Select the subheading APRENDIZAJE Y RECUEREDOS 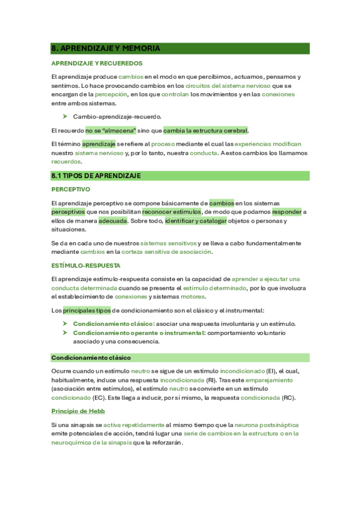[x=97, y=63]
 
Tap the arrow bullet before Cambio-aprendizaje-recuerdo [x=64, y=116]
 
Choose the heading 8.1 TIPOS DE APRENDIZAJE [x=96, y=176]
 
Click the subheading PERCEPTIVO [x=70, y=189]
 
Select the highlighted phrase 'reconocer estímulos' [x=172, y=212]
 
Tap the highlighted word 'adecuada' [x=113, y=221]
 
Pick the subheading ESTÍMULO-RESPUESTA [x=86, y=265]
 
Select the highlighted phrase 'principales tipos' [x=87, y=310]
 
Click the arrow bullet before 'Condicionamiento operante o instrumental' [x=64, y=333]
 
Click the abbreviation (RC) [x=289, y=398]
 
